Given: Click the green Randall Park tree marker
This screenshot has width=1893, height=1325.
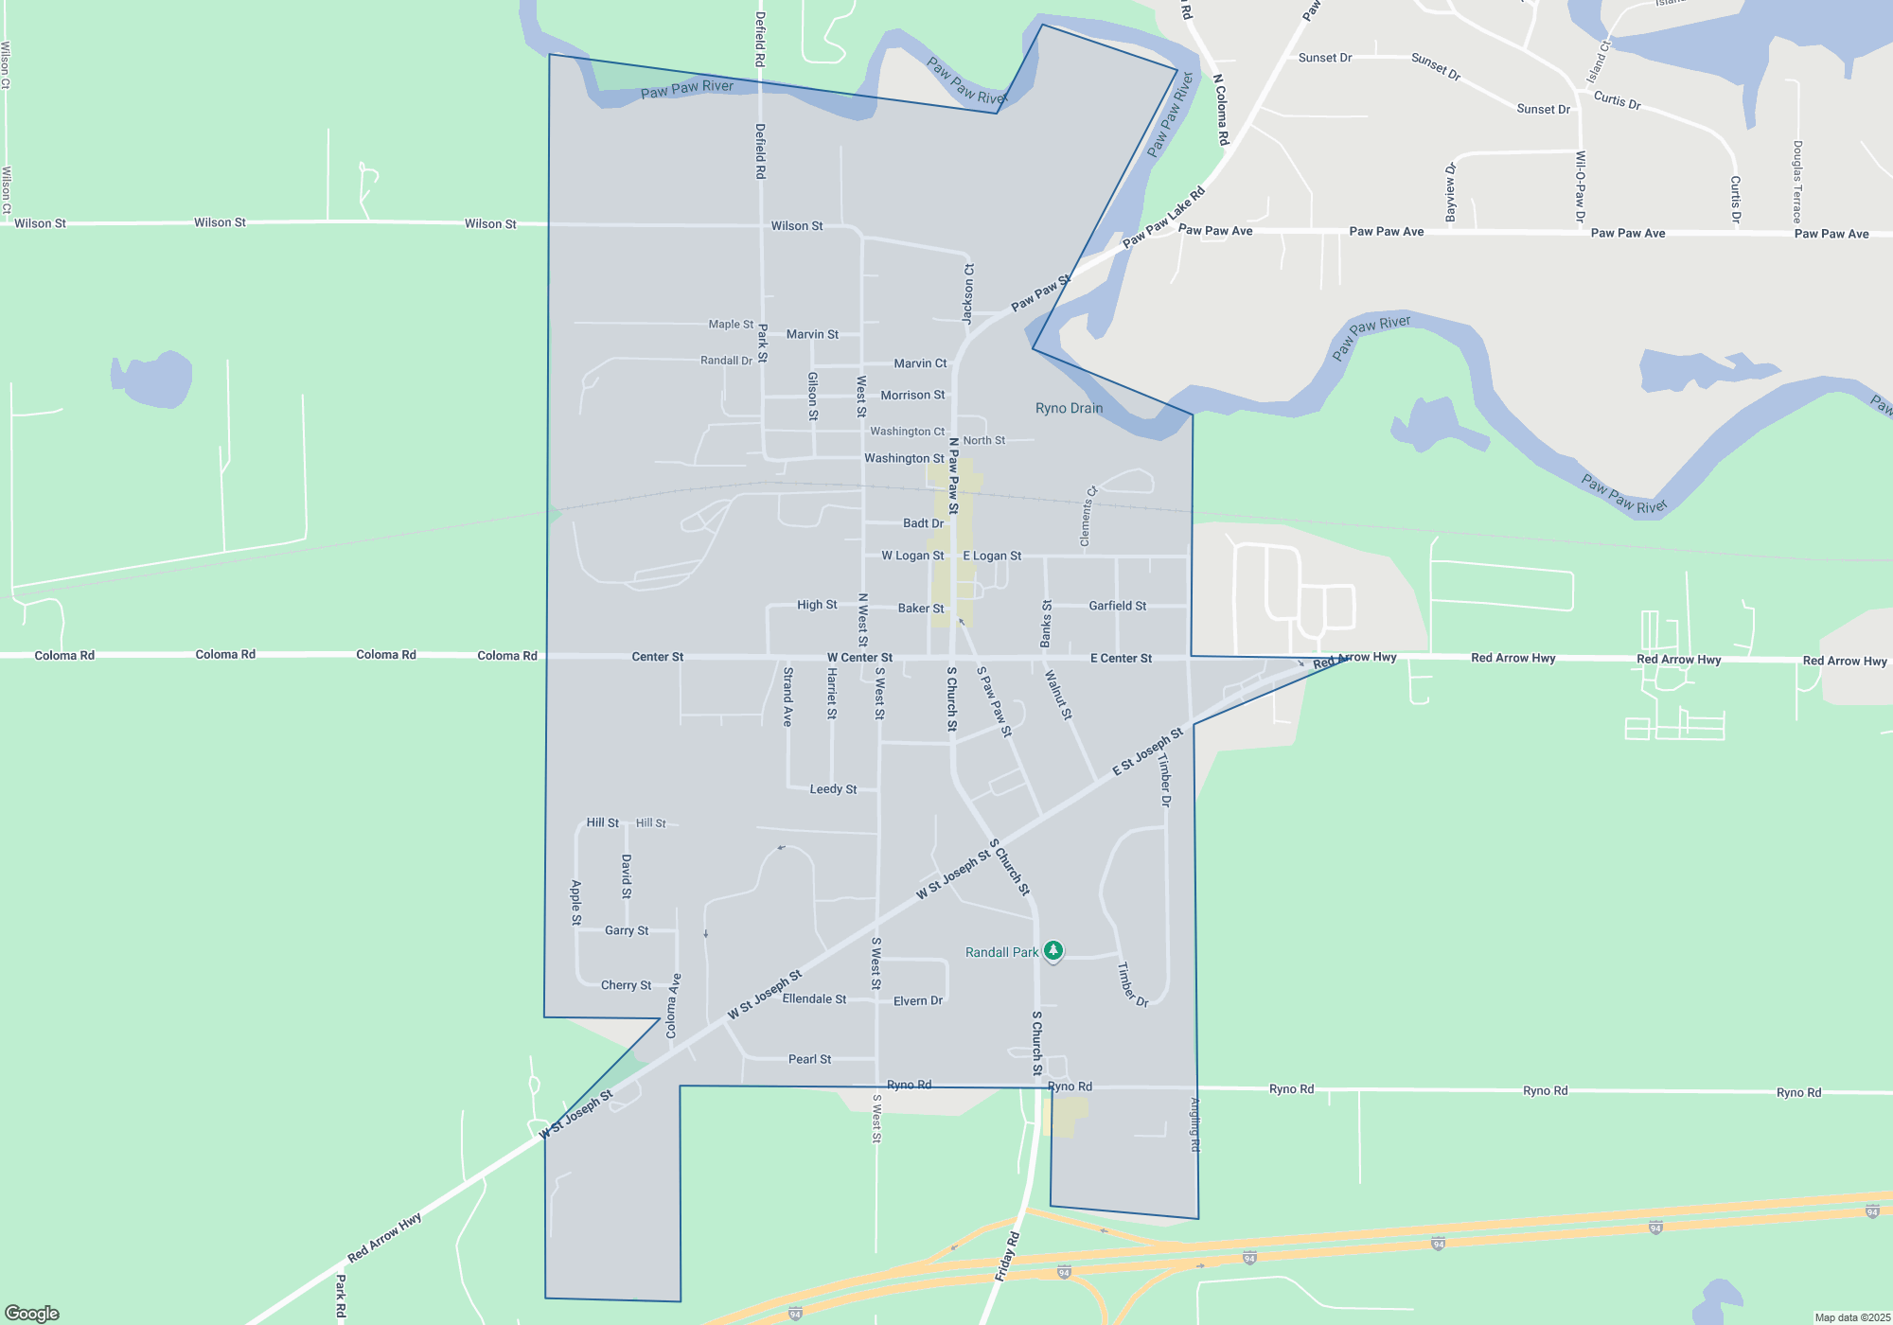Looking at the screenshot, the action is coord(1053,950).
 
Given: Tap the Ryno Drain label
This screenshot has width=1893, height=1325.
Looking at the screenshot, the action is coord(1069,408).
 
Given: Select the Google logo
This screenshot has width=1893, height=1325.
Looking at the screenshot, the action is coord(32,1313).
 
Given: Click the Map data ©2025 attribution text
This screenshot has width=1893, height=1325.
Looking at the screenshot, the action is coord(1851,1317).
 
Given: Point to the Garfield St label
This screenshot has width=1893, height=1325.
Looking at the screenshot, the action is coord(1117,606).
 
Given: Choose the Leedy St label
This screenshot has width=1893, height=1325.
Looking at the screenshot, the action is coord(833,788).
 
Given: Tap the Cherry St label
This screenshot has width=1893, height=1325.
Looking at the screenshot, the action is coord(626,985).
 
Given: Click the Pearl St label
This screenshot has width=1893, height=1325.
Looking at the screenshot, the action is coord(809,1059).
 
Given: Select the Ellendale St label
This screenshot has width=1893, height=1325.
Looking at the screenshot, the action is coord(814,998).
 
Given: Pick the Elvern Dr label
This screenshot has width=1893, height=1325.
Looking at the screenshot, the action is coord(917,1000).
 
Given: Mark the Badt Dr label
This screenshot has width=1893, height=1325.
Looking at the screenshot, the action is coord(923,522).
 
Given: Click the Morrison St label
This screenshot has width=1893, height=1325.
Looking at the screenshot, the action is coord(912,395).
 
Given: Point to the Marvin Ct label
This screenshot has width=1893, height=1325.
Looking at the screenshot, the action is coord(920,363).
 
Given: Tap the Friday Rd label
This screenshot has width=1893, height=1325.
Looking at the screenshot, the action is coord(1007,1257).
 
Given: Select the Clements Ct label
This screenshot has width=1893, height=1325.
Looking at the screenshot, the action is coord(1088,517).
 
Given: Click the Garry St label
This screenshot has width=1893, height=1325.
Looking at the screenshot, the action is coord(627,930).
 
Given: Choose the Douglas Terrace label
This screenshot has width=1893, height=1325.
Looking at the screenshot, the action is coord(1796,182).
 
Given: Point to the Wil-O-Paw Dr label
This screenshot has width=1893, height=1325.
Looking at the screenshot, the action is coord(1580,187).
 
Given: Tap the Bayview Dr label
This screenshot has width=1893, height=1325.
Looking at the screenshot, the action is coord(1451,192).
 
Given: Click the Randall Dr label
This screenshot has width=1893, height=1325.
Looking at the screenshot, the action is coord(726,361).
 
